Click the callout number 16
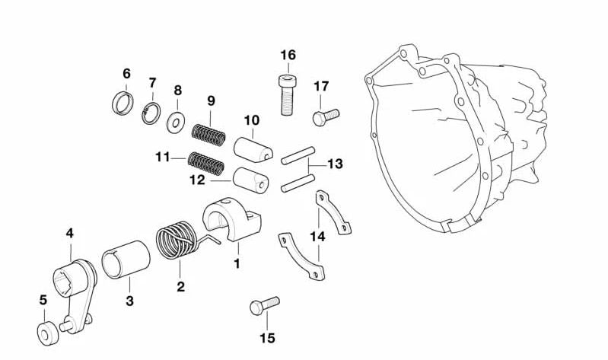tap(287, 55)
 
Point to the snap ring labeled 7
tap(151, 113)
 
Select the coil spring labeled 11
tap(207, 162)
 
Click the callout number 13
tap(336, 164)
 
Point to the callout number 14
tap(317, 237)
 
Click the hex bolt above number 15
tap(264, 306)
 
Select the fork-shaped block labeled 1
tap(232, 221)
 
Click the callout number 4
tap(69, 233)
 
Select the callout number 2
tap(180, 286)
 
